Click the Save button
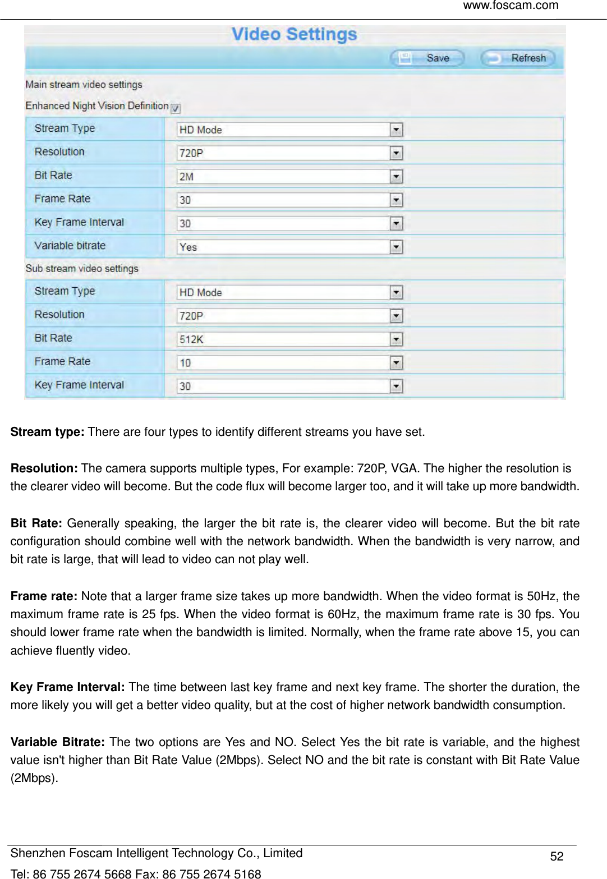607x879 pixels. click(427, 58)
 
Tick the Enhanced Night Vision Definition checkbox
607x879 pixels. click(176, 108)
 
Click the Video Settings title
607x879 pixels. click(294, 34)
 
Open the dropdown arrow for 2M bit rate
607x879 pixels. click(396, 177)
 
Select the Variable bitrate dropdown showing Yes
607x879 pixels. click(289, 247)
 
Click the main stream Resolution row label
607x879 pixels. click(59, 152)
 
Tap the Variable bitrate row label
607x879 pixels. click(70, 246)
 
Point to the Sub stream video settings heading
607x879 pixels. click(82, 269)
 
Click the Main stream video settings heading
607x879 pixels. click(84, 85)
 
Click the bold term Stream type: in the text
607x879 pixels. click(47, 432)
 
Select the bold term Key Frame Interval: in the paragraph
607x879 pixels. click(67, 687)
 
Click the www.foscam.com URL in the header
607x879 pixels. click(511, 6)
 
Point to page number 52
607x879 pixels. click(557, 856)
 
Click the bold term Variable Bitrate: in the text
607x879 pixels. click(57, 742)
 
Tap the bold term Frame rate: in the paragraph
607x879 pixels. click(44, 596)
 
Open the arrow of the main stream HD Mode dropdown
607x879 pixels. click(396, 130)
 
